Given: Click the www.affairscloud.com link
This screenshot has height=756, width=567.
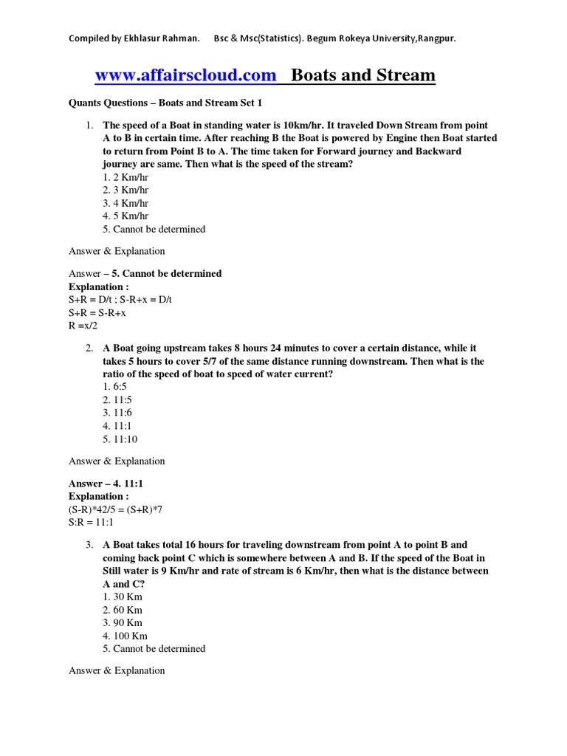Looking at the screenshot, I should [x=185, y=75].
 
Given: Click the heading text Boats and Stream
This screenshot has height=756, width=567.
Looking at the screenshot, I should [x=363, y=75].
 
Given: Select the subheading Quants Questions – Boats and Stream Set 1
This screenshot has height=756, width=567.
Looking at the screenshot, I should [x=165, y=103].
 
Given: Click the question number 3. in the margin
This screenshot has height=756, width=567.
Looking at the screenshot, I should [x=89, y=545].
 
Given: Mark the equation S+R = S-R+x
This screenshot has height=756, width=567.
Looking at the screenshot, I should [x=97, y=312].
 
